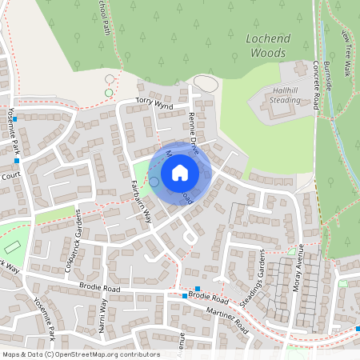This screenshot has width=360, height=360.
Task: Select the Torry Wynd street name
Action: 154,102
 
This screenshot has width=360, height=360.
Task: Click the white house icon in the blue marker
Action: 180,172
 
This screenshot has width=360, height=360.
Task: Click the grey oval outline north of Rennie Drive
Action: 206,83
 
